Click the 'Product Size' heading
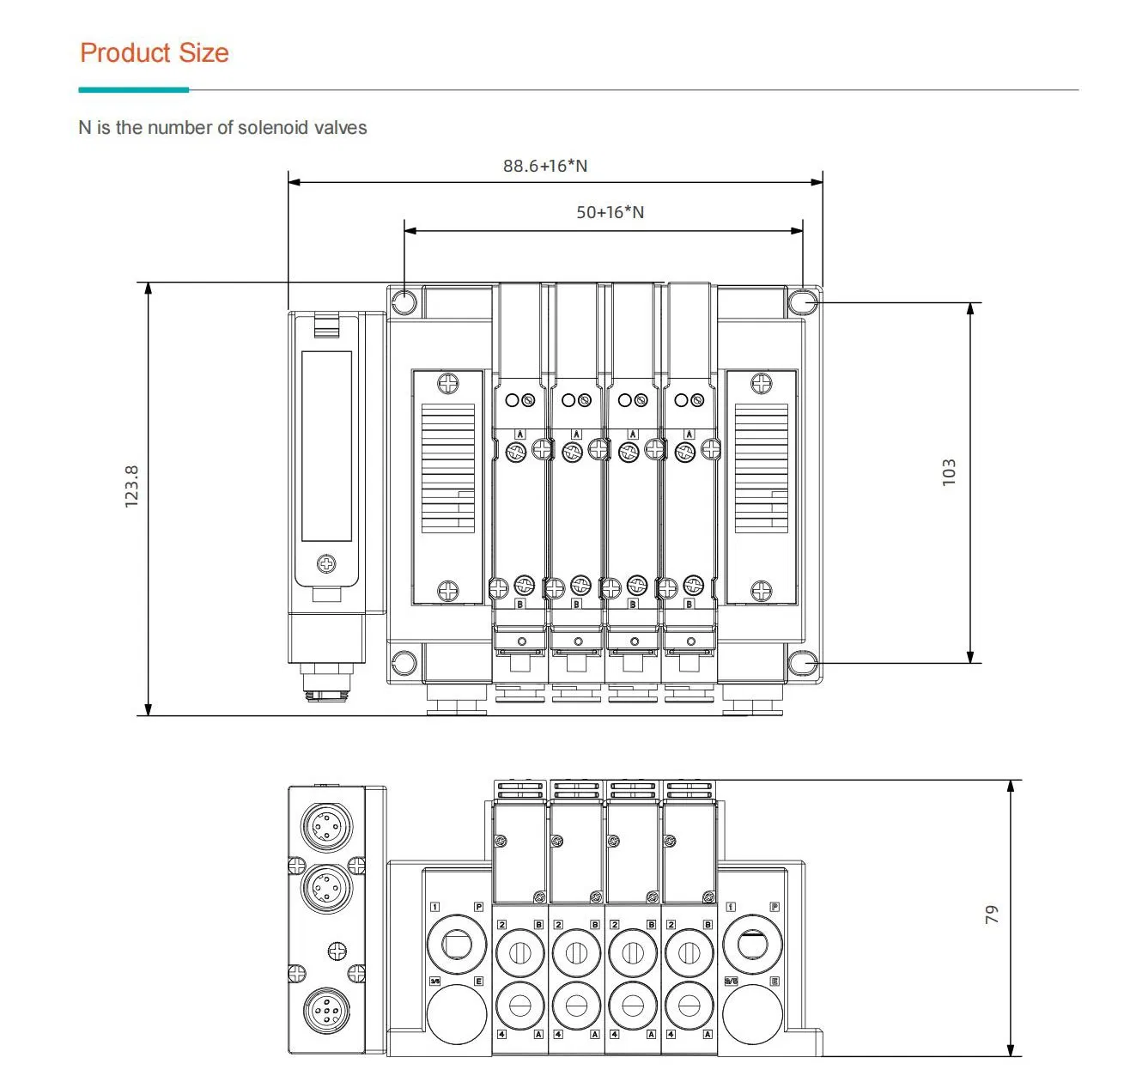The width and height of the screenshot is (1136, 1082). point(155,53)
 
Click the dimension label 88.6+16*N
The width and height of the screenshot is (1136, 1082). point(545,166)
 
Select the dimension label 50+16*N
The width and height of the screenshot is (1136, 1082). point(610,212)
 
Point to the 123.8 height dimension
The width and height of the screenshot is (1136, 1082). point(131,486)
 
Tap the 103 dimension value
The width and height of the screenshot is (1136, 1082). point(949,472)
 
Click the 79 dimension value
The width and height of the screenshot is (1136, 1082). point(992,915)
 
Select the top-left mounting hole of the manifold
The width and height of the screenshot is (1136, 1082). point(404,302)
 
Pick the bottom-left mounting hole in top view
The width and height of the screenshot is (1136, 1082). point(404,663)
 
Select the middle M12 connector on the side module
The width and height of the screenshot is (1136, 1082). point(326,885)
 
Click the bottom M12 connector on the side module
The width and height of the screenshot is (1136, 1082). point(326,1011)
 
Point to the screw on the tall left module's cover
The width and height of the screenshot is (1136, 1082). point(326,563)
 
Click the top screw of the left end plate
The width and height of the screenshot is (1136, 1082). point(448,383)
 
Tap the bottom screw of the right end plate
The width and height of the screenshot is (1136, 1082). point(762,591)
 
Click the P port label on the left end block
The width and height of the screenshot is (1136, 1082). point(479,907)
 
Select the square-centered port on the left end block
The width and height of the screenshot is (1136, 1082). point(455,944)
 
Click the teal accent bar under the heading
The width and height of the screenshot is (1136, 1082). point(133,89)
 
